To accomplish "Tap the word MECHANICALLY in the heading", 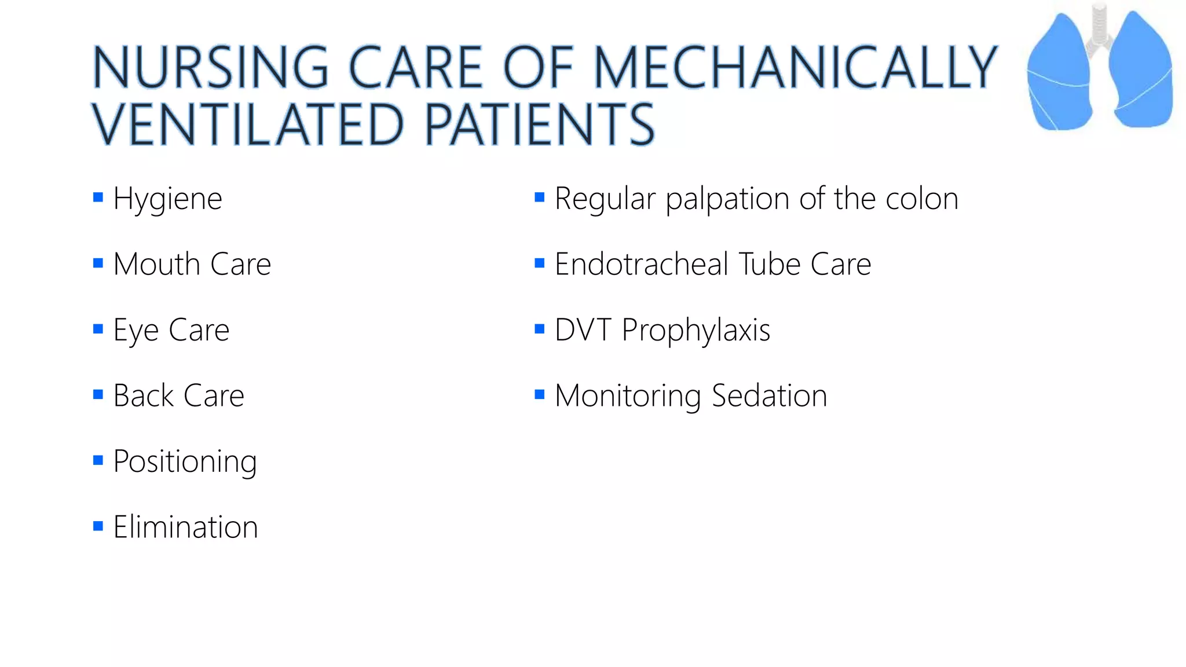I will [x=796, y=68].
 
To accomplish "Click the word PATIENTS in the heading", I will [x=540, y=124].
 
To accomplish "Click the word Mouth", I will [x=156, y=265].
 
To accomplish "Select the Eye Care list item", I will [x=171, y=331].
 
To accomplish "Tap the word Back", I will [x=143, y=396].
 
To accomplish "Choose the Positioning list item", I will [x=185, y=462].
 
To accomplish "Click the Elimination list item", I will [x=185, y=527].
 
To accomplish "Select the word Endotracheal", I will [x=641, y=265].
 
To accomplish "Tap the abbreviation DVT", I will [x=583, y=331].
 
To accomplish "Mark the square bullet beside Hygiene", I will [x=98, y=198].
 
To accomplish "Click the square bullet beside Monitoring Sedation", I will [x=540, y=395].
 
